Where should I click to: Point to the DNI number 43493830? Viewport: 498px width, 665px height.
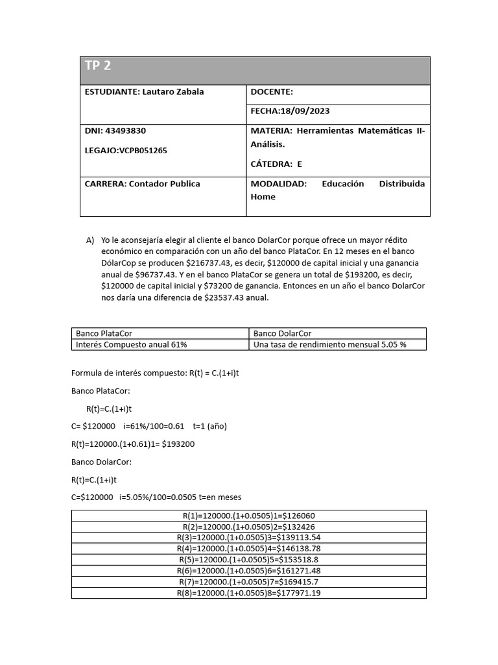click(x=124, y=131)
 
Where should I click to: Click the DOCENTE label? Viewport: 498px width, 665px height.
click(x=272, y=92)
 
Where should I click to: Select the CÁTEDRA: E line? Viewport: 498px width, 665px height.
click(x=276, y=164)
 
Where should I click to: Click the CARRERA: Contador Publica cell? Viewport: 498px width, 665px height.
click(x=143, y=184)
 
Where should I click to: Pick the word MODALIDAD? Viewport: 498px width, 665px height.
click(x=278, y=184)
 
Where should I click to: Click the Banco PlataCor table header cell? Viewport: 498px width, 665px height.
click(x=104, y=333)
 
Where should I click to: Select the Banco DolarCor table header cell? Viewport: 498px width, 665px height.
click(x=283, y=333)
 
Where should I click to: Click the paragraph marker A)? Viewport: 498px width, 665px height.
click(x=90, y=240)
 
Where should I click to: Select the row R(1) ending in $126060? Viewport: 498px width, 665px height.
click(x=249, y=516)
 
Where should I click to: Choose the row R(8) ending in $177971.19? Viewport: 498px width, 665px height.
click(x=249, y=593)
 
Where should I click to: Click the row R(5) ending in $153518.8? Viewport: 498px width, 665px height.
click(x=249, y=559)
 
